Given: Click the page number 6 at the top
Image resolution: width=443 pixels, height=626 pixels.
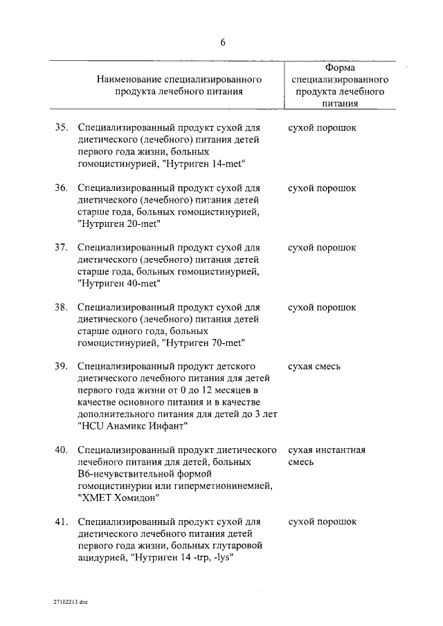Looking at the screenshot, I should (222, 42).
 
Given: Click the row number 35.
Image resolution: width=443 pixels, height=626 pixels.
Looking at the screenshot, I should (62, 128).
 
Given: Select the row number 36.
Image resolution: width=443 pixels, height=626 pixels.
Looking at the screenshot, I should (62, 187).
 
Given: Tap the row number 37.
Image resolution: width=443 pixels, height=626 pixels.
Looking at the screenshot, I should (62, 247).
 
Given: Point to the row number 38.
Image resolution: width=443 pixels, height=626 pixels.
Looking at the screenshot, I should (62, 306).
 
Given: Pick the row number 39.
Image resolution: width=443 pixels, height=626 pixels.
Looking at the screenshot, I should (62, 366).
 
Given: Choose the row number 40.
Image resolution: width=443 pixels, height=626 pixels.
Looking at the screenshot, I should (62, 450).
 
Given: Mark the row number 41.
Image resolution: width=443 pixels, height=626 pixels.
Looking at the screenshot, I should (62, 521).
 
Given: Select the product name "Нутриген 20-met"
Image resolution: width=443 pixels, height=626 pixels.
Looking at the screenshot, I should (119, 223).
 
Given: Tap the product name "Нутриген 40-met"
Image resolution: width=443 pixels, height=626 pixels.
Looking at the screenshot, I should (119, 283).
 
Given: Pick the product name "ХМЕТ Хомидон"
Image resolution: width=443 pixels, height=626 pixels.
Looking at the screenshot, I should (119, 497).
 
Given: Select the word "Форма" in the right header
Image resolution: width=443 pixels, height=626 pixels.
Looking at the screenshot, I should (340, 67).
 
